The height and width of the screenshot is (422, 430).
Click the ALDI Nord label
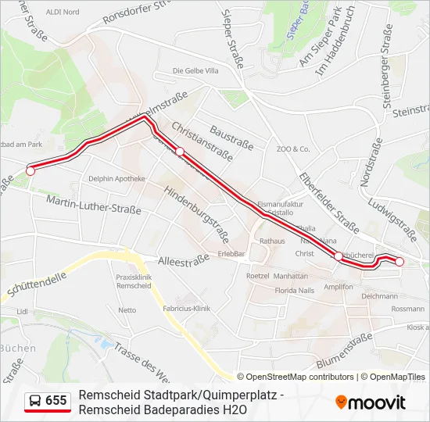[63, 12]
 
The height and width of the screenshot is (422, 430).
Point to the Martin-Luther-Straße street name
[93, 204]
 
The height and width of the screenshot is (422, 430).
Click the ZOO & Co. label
[293, 148]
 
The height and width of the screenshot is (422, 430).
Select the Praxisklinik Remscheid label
[133, 282]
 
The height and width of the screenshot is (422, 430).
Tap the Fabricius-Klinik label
[188, 308]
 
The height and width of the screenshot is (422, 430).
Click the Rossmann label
[407, 309]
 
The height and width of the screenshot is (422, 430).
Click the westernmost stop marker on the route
[31, 170]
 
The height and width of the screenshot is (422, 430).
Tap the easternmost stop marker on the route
[399, 262]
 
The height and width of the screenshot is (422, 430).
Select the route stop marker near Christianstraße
[179, 151]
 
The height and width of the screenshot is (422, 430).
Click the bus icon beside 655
[35, 401]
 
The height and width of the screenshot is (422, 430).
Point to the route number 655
[56, 401]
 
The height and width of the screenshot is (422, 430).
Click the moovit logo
[371, 402]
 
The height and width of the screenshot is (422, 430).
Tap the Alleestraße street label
[184, 259]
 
